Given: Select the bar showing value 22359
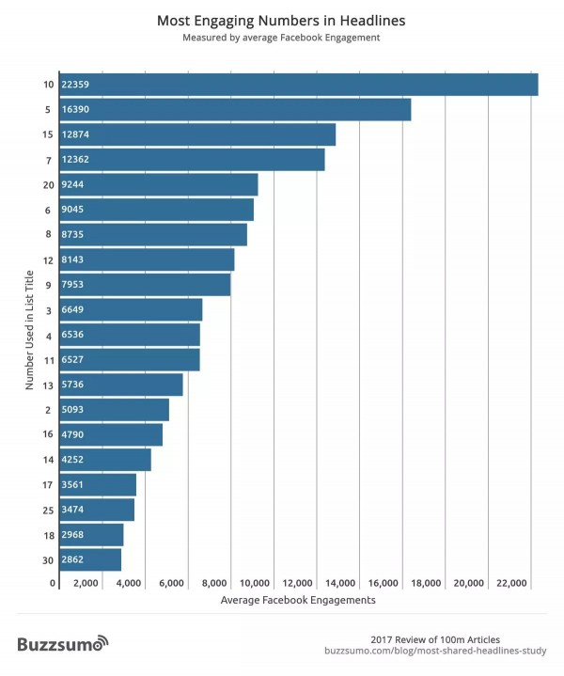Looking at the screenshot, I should [297, 85].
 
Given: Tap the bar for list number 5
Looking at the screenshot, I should [234, 110].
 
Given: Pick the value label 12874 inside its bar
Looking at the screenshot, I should [75, 134].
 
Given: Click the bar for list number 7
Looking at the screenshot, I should [191, 160].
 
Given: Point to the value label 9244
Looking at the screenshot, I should [73, 185].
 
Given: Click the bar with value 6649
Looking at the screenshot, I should [130, 309].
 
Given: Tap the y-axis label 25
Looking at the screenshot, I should [47, 510].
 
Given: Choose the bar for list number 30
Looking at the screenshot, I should [89, 559].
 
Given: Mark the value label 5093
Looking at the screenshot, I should [73, 410].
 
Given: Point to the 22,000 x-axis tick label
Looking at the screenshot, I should [511, 583].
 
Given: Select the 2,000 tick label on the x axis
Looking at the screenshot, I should [86, 583].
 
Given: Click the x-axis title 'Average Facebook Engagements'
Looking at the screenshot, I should [298, 599].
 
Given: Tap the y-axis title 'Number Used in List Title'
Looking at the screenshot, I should [30, 329].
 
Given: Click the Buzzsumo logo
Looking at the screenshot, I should [62, 644].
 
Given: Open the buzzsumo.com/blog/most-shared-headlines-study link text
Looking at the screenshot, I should [435, 650].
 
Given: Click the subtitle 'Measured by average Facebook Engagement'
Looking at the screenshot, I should [282, 39].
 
